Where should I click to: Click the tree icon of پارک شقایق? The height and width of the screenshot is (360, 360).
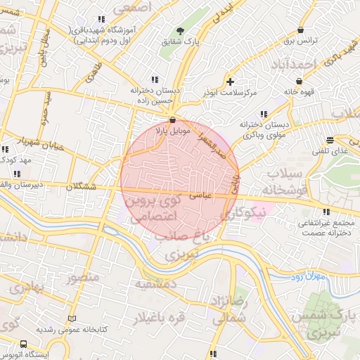pos(180,31)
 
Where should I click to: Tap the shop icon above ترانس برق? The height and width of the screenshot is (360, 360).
pos(302,30)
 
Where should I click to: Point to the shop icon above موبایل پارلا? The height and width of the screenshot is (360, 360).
pos(173,120)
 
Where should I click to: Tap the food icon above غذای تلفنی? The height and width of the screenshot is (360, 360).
pos(330,140)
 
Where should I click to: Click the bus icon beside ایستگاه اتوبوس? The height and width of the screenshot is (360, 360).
pos(23,345)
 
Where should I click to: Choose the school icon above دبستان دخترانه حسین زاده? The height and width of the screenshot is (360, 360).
pos(154,79)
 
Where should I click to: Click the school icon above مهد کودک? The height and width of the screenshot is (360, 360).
pos(6,150)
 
